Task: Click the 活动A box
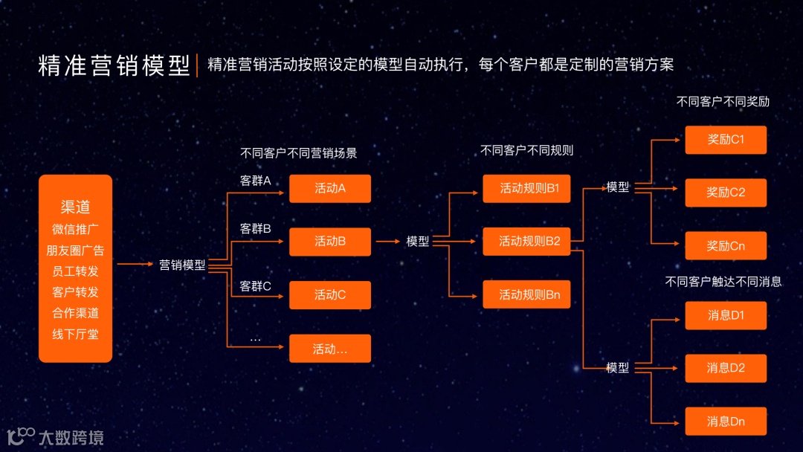point(329,188)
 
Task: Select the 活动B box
point(329,241)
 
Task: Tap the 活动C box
point(329,294)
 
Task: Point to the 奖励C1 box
point(726,139)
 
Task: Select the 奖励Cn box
point(726,245)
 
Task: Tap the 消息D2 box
point(726,368)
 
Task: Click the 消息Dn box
point(726,422)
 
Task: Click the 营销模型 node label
point(182,264)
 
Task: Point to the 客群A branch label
point(255,181)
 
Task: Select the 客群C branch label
point(255,286)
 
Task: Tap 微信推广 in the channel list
point(75,228)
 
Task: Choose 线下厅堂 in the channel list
point(75,334)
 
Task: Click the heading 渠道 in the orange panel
point(75,206)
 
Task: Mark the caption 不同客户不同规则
point(526,150)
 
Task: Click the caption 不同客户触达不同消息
point(723,282)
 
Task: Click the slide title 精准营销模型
point(114,65)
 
